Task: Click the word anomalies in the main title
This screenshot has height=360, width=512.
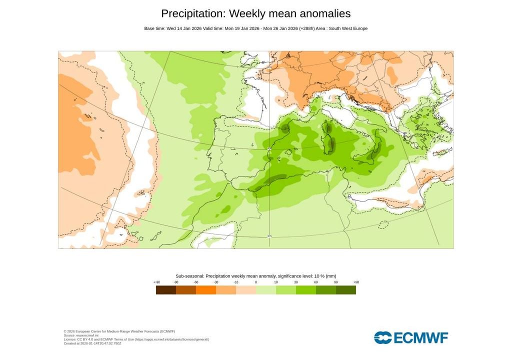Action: [x=323, y=13]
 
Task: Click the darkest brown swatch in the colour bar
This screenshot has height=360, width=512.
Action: [x=165, y=290]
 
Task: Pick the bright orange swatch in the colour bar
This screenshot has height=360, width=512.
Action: [x=205, y=290]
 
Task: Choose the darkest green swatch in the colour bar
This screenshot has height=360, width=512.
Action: [x=345, y=290]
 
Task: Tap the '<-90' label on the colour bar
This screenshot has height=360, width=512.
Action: [x=156, y=282]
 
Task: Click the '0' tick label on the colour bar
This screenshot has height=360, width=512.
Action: [x=256, y=282]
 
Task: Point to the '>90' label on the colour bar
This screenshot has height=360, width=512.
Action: [x=356, y=282]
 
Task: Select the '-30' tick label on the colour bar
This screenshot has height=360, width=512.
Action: [x=216, y=282]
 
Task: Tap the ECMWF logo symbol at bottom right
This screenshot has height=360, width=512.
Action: [x=383, y=337]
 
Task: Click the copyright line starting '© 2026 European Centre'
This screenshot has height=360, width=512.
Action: [x=119, y=331]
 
